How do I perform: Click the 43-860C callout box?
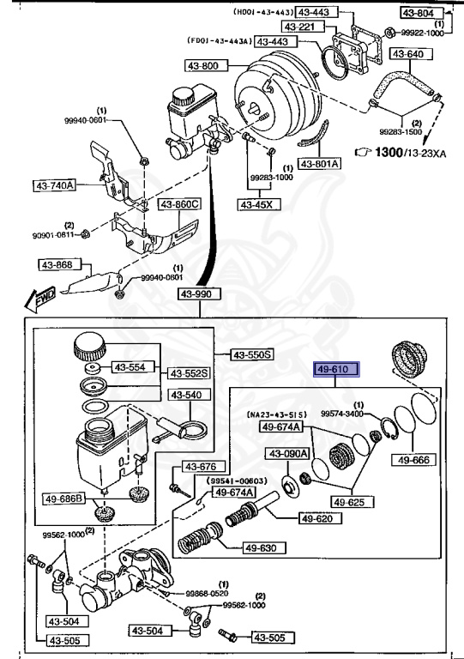(179, 204)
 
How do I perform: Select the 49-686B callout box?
(58, 498)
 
